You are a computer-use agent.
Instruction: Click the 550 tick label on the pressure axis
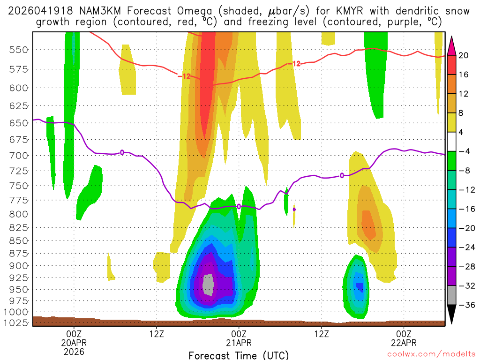pos(16,50)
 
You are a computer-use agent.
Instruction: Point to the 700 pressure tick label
pos(16,155)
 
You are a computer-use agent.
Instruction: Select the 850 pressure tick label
pos(16,240)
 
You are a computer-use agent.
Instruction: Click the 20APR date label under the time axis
pos(74,342)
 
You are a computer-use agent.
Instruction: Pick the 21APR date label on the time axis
pos(239,342)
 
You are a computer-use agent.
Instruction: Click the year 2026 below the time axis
pos(74,351)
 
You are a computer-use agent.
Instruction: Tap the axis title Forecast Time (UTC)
pos(239,355)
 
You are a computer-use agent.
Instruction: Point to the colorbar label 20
pos(464,55)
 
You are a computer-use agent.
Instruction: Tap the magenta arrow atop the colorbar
pos(451,45)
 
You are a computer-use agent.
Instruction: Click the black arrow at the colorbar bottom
pos(451,315)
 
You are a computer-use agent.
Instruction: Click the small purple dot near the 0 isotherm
pos(294,210)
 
